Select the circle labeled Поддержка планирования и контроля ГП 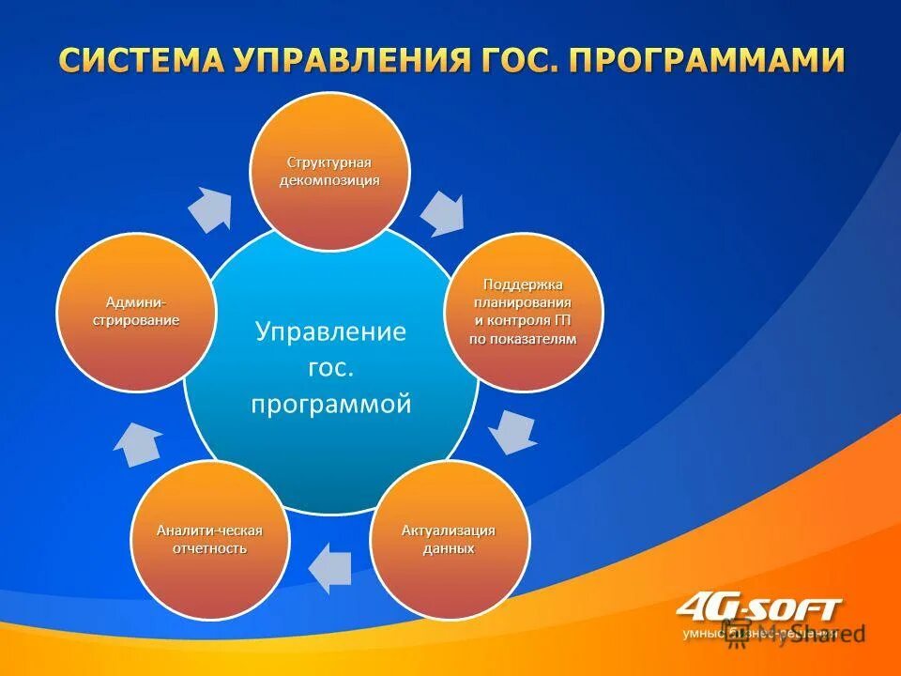523,312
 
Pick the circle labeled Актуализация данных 449,540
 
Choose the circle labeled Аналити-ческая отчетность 209,540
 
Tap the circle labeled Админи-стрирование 136,312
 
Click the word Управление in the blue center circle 330,332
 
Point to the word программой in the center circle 330,404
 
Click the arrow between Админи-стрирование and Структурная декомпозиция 210,208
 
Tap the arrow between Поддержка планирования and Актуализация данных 513,431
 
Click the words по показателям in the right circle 522,339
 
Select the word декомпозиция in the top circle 328,180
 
